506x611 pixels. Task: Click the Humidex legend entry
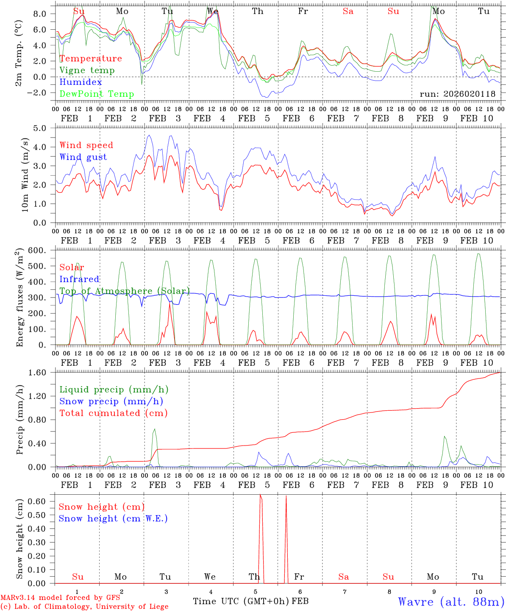tap(81, 82)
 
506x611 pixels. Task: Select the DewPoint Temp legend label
tap(97, 94)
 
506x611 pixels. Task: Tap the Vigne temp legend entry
tap(87, 70)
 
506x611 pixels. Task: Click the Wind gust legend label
tap(83, 157)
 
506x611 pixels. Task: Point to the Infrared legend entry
tap(79, 279)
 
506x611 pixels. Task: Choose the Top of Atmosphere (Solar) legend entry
tap(124, 291)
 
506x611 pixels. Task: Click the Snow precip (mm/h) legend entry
tap(111, 401)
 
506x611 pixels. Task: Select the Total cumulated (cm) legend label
tap(113, 413)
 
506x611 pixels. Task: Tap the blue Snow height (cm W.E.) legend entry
tap(113, 519)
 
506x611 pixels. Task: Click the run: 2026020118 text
tap(457, 94)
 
